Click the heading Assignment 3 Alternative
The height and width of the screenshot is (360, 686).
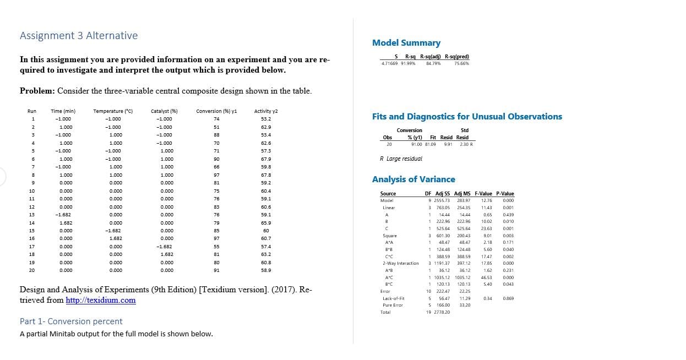79,36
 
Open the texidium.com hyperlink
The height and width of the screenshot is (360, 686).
100,300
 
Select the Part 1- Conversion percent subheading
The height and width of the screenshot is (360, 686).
71,321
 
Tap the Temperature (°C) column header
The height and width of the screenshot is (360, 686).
113,111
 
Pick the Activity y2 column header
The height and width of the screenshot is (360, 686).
266,111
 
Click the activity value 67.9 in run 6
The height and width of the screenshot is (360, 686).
266,159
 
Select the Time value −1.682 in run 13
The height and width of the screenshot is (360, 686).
63,215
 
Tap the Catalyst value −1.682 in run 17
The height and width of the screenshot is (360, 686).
164,247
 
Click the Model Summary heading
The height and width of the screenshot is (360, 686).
406,43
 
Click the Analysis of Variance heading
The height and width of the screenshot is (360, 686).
413,179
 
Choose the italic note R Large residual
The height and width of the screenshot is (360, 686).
401,159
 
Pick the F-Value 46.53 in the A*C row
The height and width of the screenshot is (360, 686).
486,277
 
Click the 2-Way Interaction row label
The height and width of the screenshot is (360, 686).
400,263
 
